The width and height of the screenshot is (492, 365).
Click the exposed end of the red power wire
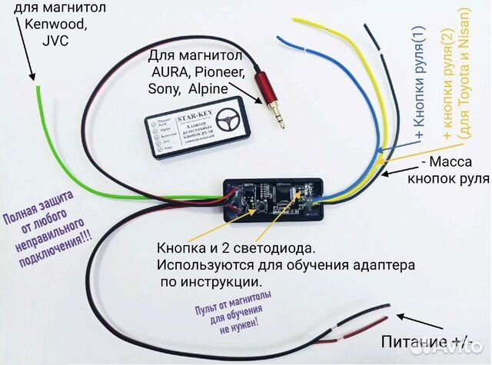click(393, 310)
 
